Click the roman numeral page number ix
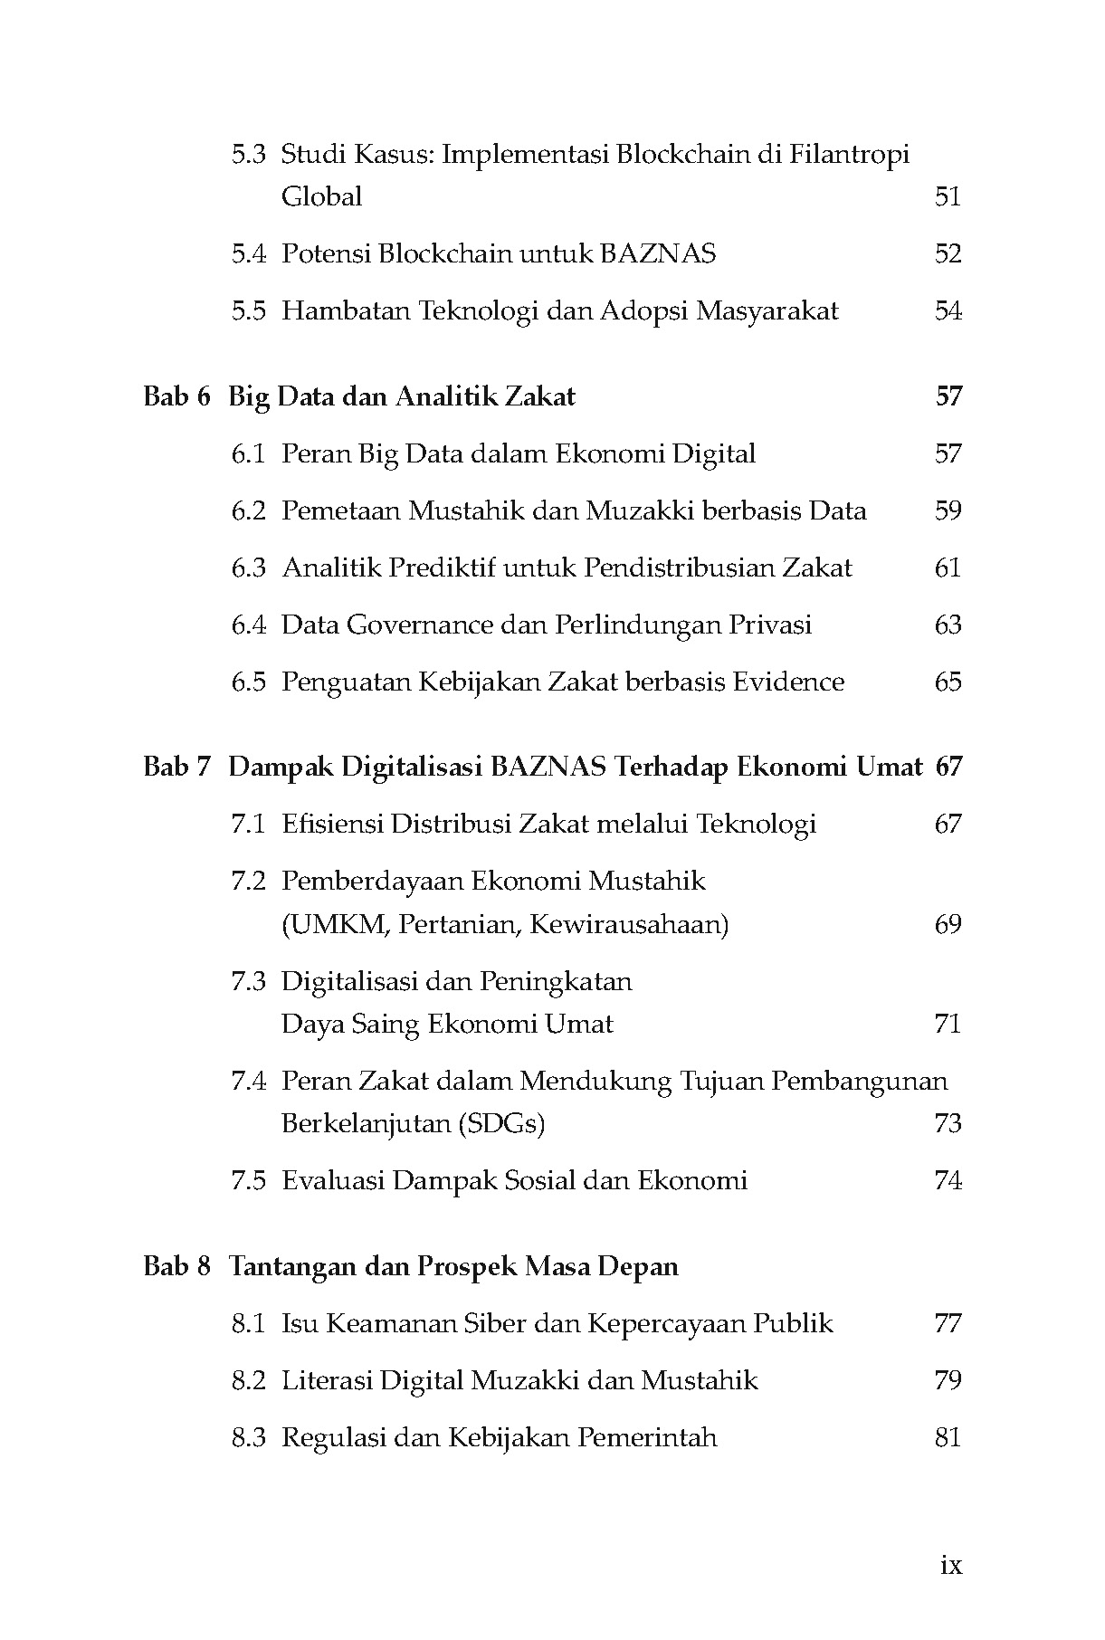click(950, 1564)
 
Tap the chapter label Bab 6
click(176, 396)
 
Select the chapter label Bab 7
click(176, 767)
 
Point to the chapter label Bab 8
click(176, 1265)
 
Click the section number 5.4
click(248, 253)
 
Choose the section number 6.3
click(248, 567)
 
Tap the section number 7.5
click(248, 1180)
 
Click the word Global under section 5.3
click(321, 196)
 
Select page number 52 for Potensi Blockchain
click(948, 253)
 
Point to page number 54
click(948, 310)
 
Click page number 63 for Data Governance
click(948, 625)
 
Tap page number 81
click(948, 1437)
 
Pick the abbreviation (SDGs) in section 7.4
click(501, 1123)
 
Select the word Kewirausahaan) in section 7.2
click(629, 924)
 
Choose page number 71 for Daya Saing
click(948, 1024)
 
